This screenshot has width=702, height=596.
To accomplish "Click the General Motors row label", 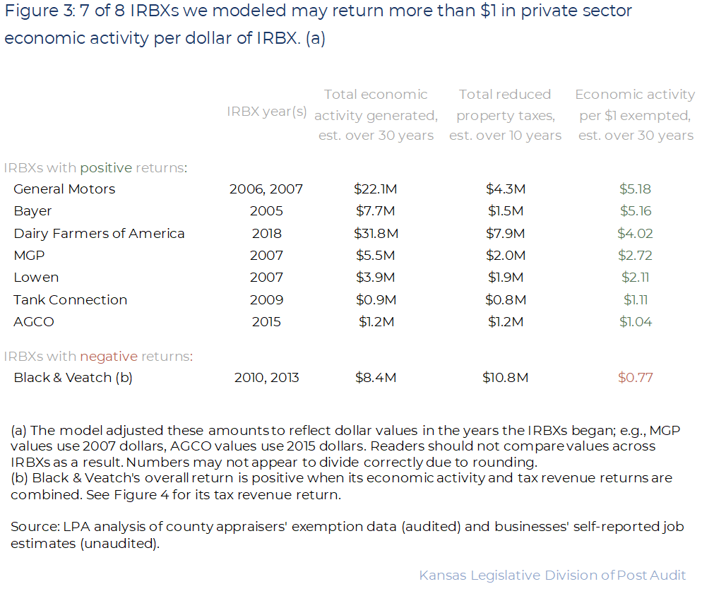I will coord(64,189).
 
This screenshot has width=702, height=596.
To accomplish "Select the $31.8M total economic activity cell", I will coord(376,234).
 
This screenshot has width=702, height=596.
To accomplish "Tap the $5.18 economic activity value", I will coord(635,189).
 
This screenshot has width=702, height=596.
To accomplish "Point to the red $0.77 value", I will coord(635,378).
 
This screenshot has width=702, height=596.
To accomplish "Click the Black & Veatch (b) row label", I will coord(73,378).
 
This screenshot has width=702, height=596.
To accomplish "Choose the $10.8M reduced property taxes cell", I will coord(505,378).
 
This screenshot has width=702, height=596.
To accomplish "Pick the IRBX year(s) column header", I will coord(267,112).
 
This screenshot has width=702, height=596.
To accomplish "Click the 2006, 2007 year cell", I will coord(266,189).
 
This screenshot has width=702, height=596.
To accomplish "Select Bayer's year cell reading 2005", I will coord(266,211).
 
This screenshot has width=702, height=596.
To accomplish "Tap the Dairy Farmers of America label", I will coord(99,234).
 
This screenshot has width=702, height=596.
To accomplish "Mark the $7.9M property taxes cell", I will coord(505,234).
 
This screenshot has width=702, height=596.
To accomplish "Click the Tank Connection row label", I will coord(71,300).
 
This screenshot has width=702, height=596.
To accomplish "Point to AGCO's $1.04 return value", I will coord(635,322).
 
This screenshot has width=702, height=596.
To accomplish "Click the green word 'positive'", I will coord(106,168).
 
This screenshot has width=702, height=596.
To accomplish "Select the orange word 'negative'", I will coord(108,357).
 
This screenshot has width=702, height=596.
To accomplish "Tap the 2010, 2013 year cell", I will coord(266,378).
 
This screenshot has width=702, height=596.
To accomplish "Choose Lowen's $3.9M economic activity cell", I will coord(376,278).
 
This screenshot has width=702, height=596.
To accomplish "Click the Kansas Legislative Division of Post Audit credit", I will coord(552,576).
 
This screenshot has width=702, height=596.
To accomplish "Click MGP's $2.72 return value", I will coord(635,256).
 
